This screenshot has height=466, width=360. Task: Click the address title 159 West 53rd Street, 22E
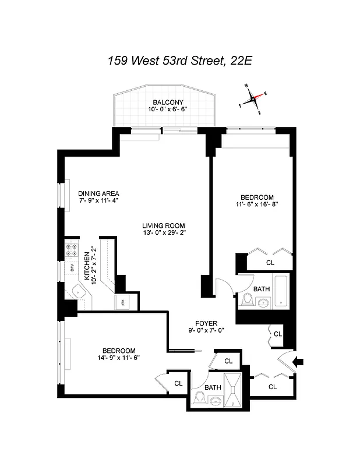click(x=179, y=60)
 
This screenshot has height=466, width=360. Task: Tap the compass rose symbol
click(x=254, y=99)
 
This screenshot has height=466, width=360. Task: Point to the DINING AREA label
click(x=99, y=194)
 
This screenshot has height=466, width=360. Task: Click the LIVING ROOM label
click(x=164, y=225)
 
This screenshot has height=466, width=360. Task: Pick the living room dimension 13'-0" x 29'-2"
click(x=164, y=233)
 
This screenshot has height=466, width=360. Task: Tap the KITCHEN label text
click(x=86, y=266)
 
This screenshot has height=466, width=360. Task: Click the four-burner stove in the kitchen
click(x=72, y=251)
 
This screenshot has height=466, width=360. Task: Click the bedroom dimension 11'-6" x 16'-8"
click(x=252, y=204)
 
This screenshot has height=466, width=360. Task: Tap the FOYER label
click(x=206, y=323)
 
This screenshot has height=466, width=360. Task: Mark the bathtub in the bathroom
click(x=282, y=290)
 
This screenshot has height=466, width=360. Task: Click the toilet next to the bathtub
click(x=246, y=301)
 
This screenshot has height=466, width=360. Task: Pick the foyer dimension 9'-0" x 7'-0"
click(x=206, y=330)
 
